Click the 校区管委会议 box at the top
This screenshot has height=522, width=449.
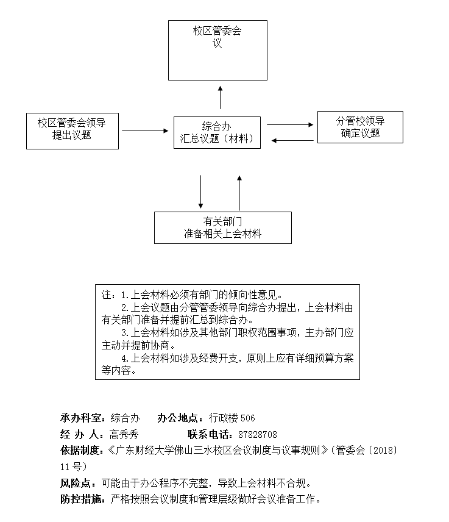click(x=217, y=50)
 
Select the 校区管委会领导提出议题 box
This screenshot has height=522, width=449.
click(x=72, y=130)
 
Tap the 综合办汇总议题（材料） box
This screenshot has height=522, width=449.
click(x=217, y=132)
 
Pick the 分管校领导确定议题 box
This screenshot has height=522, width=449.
click(x=359, y=127)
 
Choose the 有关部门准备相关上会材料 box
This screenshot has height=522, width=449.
click(x=222, y=227)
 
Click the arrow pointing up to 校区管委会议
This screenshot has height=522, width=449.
click(x=221, y=97)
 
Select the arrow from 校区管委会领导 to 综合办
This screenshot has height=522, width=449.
click(x=145, y=130)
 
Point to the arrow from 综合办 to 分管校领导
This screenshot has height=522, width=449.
click(x=289, y=124)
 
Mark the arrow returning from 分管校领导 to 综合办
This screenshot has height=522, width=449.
click(x=292, y=141)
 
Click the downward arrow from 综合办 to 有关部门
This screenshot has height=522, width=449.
click(x=200, y=192)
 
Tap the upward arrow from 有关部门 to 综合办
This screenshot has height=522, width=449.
click(x=239, y=192)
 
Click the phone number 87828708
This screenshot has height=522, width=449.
click(x=258, y=435)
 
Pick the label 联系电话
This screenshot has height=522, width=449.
click(x=209, y=435)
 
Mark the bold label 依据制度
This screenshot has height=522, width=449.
click(x=80, y=451)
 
